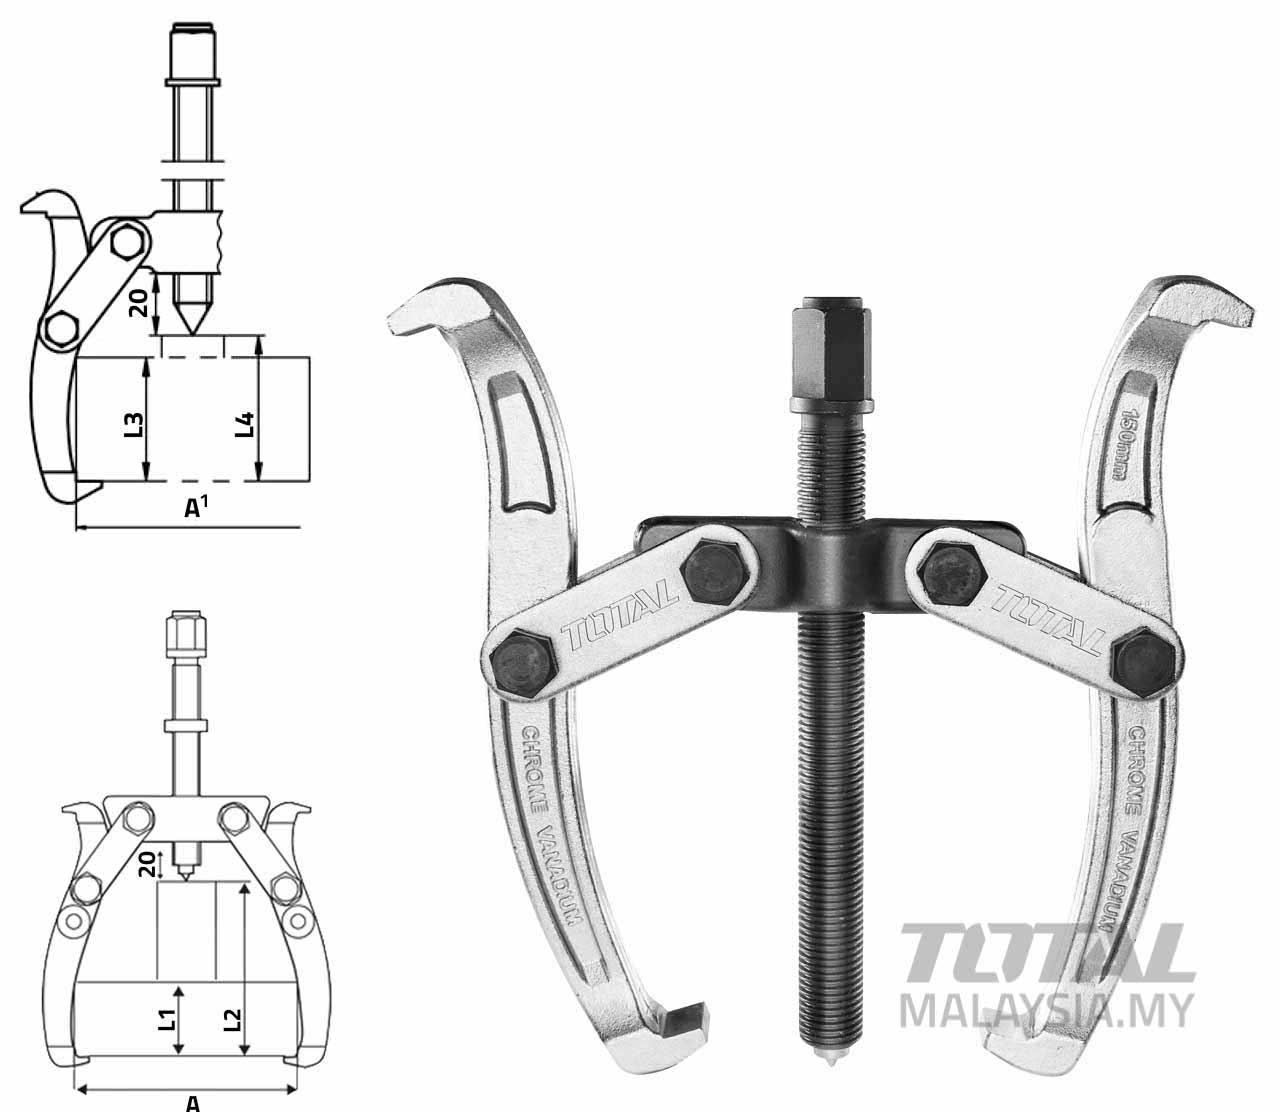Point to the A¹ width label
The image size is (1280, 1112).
[196, 508]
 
